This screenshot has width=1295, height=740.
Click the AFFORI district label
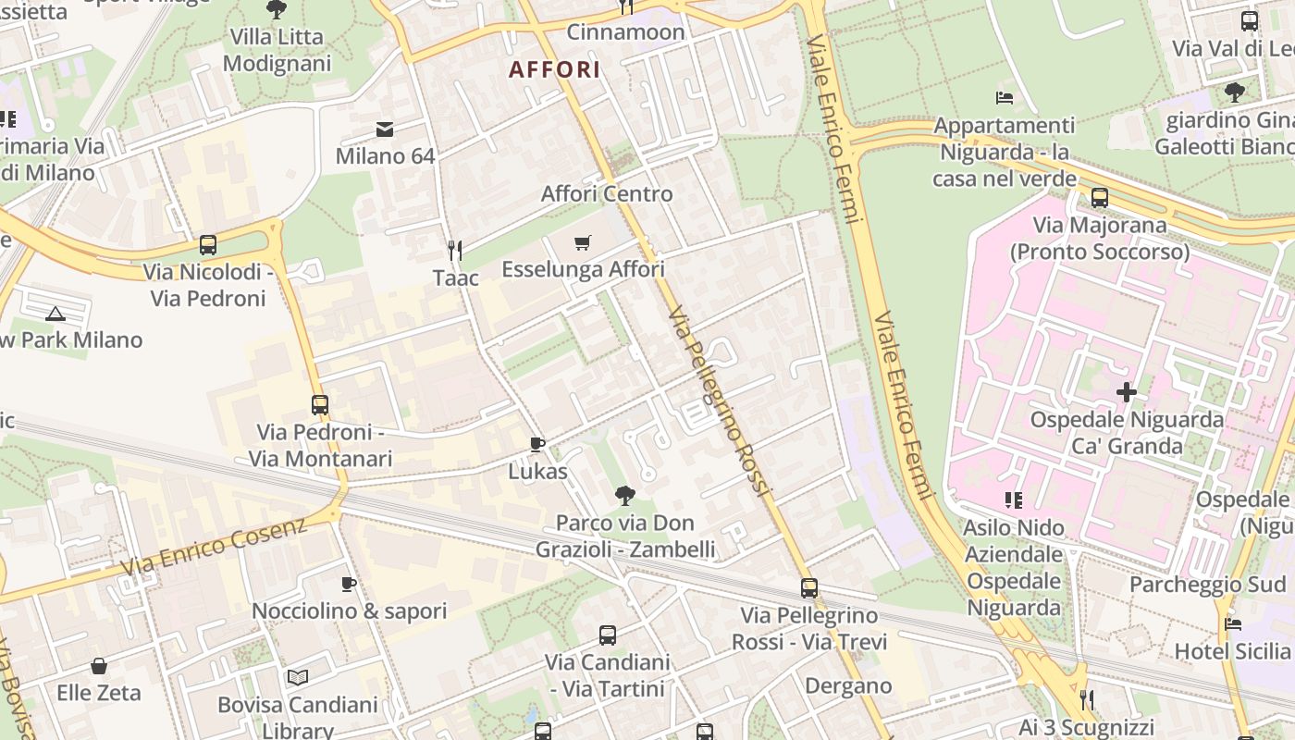click(x=554, y=69)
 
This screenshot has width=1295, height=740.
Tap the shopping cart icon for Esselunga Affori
click(x=582, y=243)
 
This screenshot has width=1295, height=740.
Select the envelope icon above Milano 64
click(x=385, y=129)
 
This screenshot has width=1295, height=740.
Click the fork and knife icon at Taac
click(x=455, y=251)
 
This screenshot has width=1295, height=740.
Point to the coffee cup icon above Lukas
click(x=537, y=445)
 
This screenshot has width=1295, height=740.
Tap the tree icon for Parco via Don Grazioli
click(x=625, y=496)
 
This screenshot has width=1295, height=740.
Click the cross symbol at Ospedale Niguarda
click(x=1126, y=392)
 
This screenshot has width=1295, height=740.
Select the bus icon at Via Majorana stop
click(x=1099, y=198)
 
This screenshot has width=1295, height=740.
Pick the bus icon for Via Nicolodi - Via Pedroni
click(x=208, y=245)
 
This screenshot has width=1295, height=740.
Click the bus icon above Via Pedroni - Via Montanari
click(x=320, y=405)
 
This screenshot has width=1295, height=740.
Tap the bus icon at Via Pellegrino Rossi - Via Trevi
click(x=809, y=588)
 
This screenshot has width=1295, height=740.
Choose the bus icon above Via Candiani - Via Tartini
click(x=607, y=635)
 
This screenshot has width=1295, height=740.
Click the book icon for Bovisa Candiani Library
click(x=297, y=678)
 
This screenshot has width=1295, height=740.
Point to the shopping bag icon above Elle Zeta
click(x=99, y=666)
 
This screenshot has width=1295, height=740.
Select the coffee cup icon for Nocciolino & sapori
click(x=349, y=584)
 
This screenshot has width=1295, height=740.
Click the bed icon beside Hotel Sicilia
click(x=1233, y=624)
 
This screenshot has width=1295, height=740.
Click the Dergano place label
click(x=848, y=686)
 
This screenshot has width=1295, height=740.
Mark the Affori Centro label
click(x=607, y=194)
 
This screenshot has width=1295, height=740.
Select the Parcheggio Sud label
click(x=1207, y=585)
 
